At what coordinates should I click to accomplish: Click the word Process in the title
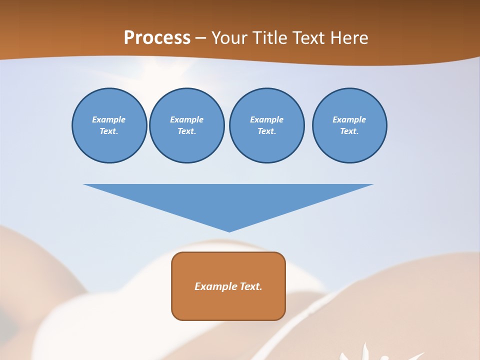pyautogui.click(x=157, y=38)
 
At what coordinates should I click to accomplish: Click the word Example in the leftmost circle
pyautogui.click(x=109, y=119)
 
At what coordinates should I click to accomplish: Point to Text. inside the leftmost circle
pyautogui.click(x=109, y=131)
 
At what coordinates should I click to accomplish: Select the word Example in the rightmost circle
pyautogui.click(x=349, y=119)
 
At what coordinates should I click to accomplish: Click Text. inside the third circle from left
pyautogui.click(x=266, y=131)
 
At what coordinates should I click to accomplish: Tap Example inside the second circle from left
pyautogui.click(x=186, y=119)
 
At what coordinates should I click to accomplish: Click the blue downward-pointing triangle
pyautogui.click(x=228, y=200)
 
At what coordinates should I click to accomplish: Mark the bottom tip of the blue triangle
pyautogui.click(x=229, y=231)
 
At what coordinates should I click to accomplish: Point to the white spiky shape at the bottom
pyautogui.click(x=370, y=354)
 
